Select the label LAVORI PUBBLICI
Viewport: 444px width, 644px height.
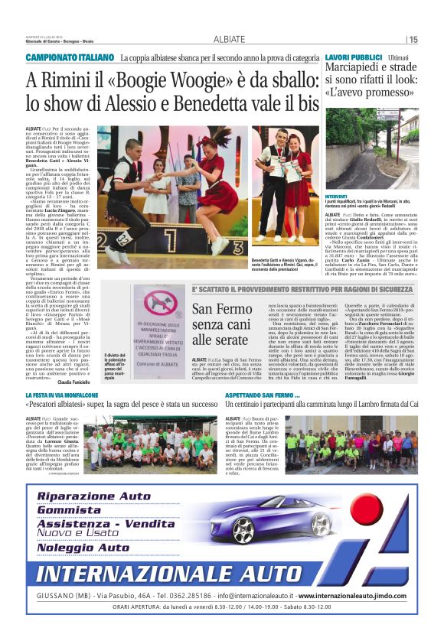point(353,58)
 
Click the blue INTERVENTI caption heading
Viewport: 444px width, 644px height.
point(336,195)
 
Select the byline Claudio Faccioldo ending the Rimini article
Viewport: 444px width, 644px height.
point(73,382)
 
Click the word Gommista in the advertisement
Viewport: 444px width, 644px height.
point(70,509)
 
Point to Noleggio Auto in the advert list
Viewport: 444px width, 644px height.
point(83,548)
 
